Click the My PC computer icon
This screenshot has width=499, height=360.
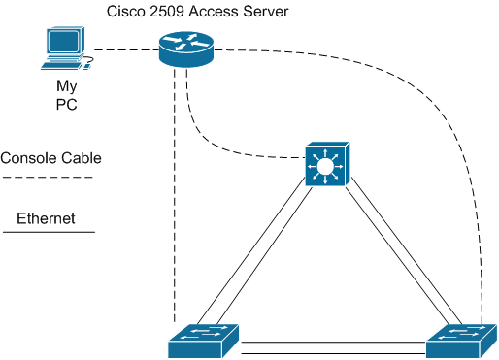(x=66, y=49)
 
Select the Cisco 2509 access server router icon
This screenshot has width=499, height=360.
(x=186, y=49)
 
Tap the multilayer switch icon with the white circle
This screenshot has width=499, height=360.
(x=327, y=164)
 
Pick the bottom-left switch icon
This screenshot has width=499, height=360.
(x=204, y=341)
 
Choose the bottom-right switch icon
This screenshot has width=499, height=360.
(x=461, y=341)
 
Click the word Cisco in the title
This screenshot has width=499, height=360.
(x=126, y=12)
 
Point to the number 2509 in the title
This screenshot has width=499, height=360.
(x=166, y=12)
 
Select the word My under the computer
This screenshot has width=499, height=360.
(x=67, y=86)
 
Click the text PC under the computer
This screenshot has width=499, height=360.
(x=67, y=105)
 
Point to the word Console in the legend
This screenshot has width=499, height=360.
(x=28, y=158)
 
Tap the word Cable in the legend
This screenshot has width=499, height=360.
(x=82, y=158)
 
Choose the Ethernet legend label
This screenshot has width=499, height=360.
(x=46, y=218)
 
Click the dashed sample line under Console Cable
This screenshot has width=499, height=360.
(x=48, y=178)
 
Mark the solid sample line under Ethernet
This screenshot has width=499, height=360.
(x=49, y=232)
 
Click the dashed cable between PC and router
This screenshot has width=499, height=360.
(x=126, y=50)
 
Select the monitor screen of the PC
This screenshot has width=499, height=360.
(x=64, y=41)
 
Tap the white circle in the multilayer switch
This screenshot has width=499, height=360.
(x=325, y=166)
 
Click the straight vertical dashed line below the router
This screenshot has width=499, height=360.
(x=175, y=195)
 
